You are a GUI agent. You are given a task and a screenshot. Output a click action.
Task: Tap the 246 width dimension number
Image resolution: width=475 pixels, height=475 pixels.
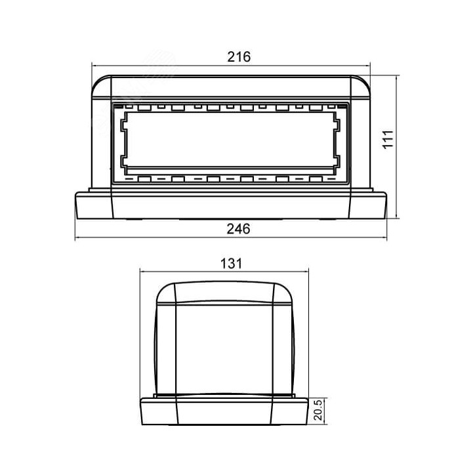(239, 229)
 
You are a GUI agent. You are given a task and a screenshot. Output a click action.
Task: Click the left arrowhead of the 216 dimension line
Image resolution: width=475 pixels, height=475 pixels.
(94, 66)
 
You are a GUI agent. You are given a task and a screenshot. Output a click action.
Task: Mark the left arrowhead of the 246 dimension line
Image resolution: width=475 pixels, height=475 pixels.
(79, 237)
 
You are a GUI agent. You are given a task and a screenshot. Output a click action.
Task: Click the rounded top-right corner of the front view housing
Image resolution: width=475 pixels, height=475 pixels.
(363, 83)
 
